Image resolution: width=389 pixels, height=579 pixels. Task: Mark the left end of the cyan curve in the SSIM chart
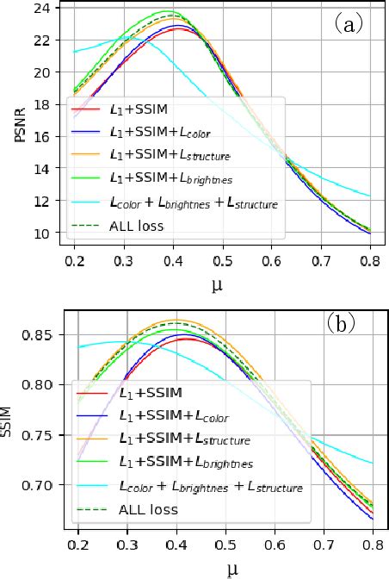[x=79, y=347]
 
